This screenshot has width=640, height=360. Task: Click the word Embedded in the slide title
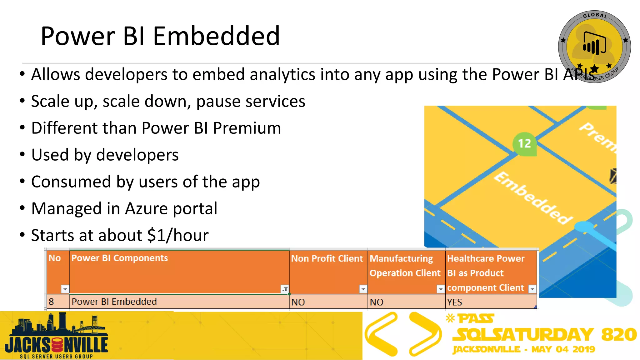point(216,36)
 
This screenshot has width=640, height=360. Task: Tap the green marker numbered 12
point(524,143)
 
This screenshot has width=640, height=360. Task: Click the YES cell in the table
point(454,302)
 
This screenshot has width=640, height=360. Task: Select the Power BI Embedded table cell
point(114,302)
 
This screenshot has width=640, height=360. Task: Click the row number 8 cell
point(52,302)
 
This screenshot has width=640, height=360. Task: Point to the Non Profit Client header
point(327,258)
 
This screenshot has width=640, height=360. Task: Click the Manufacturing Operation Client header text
point(405,266)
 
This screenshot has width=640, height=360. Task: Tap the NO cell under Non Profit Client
point(298,302)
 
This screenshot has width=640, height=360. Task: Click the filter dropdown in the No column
point(65,289)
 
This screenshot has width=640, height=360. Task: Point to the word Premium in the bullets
point(247,128)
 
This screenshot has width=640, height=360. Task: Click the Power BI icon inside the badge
point(594,44)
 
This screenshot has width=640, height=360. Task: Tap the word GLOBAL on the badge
point(595,15)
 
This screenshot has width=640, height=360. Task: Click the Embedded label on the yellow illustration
point(533,198)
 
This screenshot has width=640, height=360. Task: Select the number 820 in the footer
point(619,334)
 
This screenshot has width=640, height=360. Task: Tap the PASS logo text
point(476,319)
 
